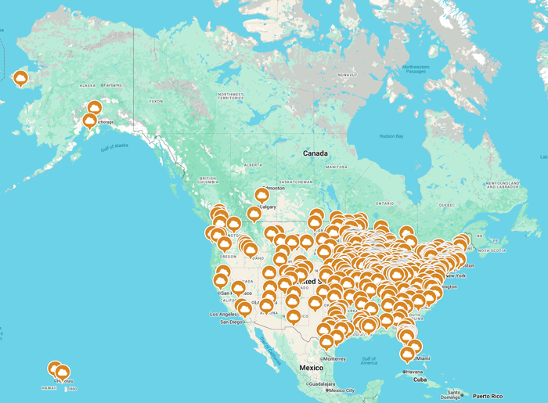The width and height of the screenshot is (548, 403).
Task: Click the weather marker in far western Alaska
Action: pos(20,77)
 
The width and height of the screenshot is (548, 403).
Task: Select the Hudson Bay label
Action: pos(391,136)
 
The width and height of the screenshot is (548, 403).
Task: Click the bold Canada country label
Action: pos(315,153)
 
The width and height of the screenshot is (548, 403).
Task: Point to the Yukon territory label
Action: pos(157,101)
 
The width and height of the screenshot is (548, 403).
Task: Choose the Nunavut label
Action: pos(348,74)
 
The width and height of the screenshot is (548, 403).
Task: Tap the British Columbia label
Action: pos(207,181)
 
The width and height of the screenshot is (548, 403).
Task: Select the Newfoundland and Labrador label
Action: pos(502,185)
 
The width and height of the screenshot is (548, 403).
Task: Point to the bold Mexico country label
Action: pos(311,367)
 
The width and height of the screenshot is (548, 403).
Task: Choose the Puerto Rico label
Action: pos(486,396)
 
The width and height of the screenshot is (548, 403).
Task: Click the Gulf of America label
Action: pos(369,361)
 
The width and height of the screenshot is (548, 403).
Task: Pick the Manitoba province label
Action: pos(336,167)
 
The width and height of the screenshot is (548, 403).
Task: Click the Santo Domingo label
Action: pos(451,394)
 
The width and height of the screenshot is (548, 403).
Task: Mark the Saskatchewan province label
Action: pos(295,182)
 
